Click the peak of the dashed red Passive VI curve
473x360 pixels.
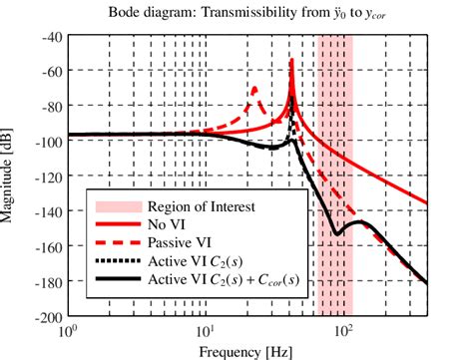point(254,88)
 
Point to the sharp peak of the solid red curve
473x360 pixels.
point(291,60)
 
